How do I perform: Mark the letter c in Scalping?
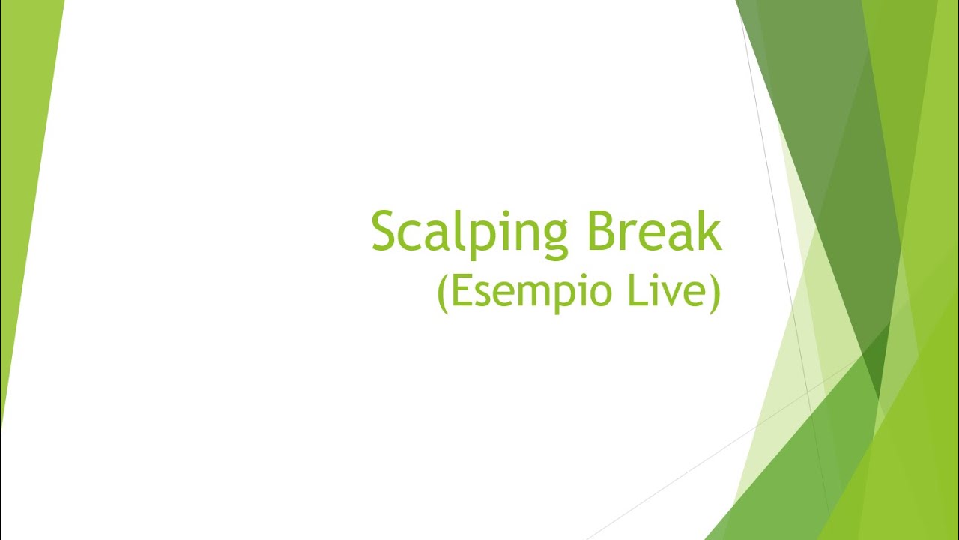pyautogui.click(x=412, y=235)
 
